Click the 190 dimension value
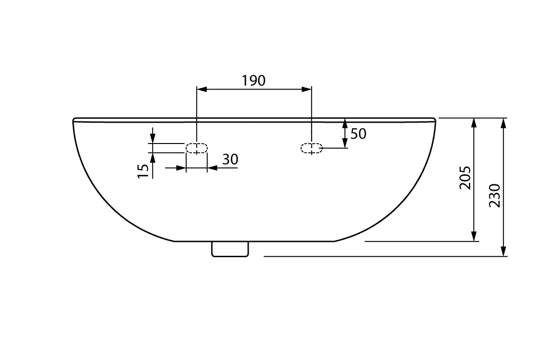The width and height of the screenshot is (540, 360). click(x=253, y=81)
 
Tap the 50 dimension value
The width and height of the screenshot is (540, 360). click(x=358, y=134)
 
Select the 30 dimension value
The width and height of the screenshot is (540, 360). click(x=230, y=160)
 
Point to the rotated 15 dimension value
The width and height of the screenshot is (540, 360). click(x=143, y=171)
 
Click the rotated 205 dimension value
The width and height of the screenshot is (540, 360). click(x=465, y=178)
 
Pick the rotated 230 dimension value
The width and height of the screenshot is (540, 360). click(x=495, y=196)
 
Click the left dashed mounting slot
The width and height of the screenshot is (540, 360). click(x=197, y=148)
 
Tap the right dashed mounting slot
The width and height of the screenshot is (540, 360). click(x=312, y=148)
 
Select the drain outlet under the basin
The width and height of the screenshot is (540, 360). click(x=230, y=249)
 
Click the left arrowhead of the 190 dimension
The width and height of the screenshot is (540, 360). click(x=201, y=89)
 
